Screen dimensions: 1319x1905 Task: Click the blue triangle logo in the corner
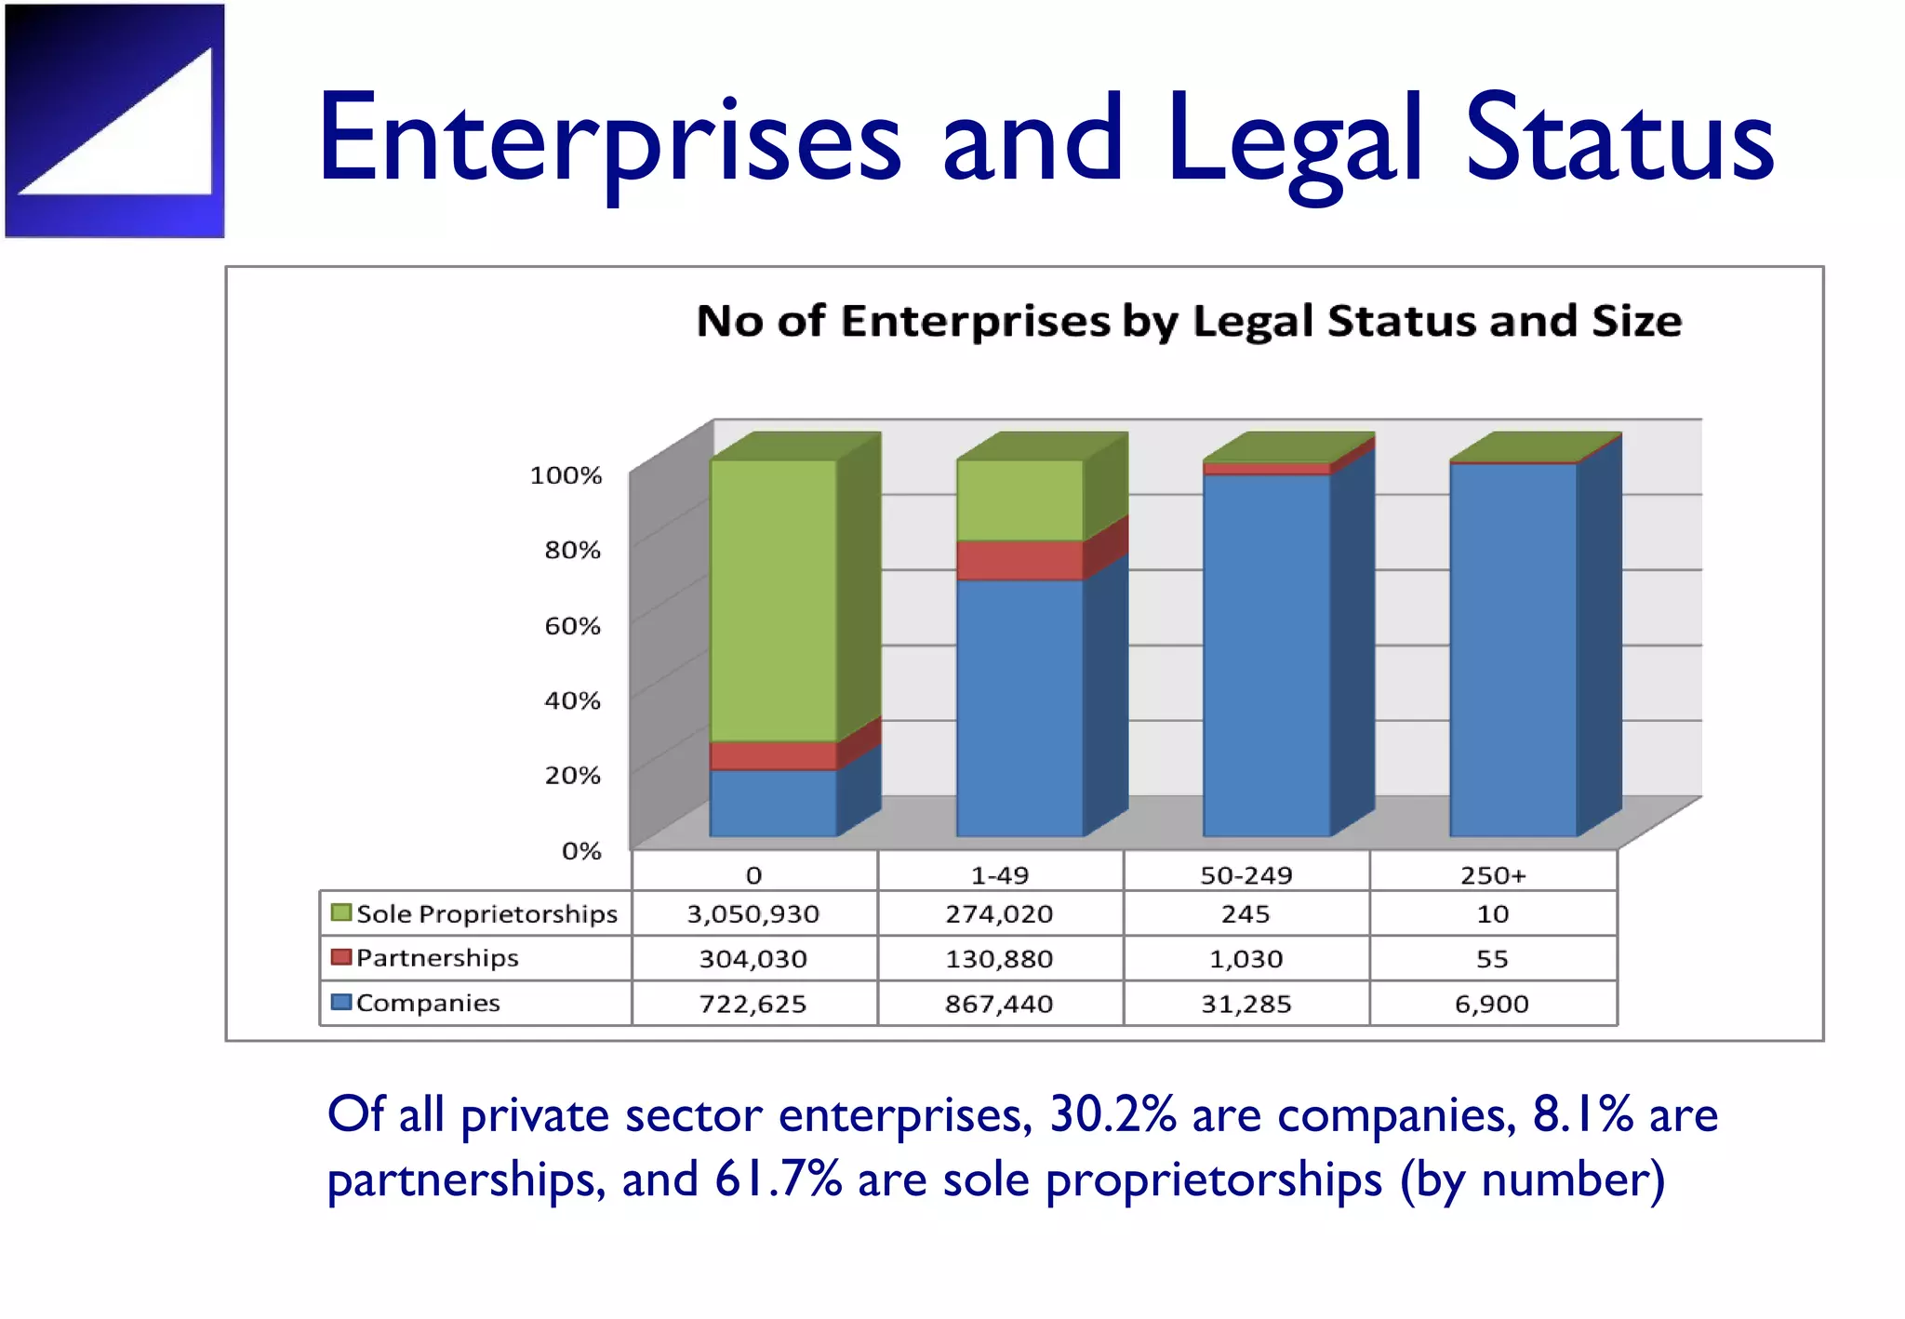(115, 121)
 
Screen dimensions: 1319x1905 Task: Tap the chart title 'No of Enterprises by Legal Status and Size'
(1189, 321)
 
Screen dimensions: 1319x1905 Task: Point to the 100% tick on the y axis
(566, 475)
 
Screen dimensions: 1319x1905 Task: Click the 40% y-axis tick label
(572, 700)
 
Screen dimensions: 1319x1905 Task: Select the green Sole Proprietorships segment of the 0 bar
(773, 600)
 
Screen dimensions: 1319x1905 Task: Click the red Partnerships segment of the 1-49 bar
(1019, 560)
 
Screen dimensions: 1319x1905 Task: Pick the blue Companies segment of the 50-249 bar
(1266, 655)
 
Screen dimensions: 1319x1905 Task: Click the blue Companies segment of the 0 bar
(773, 803)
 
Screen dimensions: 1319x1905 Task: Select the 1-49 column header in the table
(1000, 875)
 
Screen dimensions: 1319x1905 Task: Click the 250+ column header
(1493, 875)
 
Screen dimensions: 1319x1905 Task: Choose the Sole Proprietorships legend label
(486, 914)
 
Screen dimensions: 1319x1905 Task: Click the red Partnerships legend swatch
(341, 957)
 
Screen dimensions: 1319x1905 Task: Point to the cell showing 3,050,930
(753, 914)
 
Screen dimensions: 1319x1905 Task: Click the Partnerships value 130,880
(1000, 959)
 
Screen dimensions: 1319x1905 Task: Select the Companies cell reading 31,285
(1246, 1005)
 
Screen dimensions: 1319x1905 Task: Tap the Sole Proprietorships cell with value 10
(1493, 914)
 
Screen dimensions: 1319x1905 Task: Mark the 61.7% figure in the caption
(778, 1180)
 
